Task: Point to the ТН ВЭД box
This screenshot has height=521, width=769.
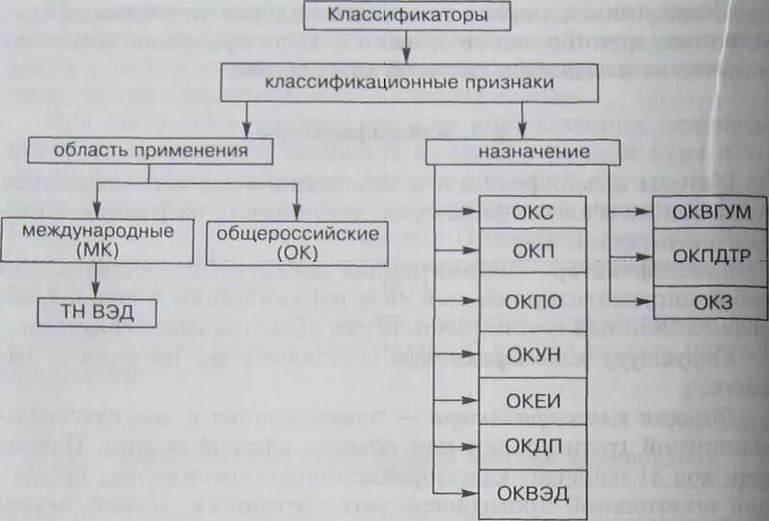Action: [96, 310]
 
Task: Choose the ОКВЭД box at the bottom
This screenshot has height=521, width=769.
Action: [528, 494]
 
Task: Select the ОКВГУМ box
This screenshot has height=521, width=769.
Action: [710, 212]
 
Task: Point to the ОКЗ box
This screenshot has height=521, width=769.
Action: [710, 302]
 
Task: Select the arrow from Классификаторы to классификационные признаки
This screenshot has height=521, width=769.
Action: [408, 48]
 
